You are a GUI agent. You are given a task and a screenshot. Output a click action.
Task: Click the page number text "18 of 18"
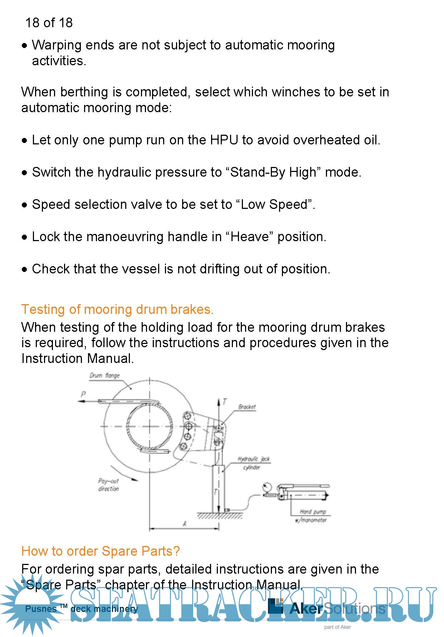click(x=49, y=23)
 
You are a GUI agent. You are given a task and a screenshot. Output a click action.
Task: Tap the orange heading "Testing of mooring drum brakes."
click(x=117, y=309)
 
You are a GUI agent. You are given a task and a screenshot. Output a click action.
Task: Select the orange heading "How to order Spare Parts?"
click(x=101, y=551)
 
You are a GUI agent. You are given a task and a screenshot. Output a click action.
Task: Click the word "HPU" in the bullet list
click(x=224, y=140)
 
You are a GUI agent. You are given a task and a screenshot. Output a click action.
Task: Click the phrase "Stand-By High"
click(x=274, y=172)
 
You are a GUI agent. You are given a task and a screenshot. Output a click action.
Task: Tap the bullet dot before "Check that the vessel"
click(x=24, y=269)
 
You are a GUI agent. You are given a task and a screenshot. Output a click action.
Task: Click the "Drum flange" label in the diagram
click(x=104, y=375)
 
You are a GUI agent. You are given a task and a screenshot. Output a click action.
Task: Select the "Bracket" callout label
click(x=247, y=407)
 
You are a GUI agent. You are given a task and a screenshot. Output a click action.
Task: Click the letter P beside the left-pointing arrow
click(x=83, y=394)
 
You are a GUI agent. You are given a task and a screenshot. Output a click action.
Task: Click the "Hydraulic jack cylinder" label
click(x=253, y=463)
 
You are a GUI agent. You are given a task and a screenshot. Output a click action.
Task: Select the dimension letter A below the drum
click(x=185, y=524)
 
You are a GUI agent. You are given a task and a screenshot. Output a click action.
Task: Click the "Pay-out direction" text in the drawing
click(x=108, y=485)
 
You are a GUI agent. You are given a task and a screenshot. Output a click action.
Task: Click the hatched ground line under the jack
click(x=220, y=516)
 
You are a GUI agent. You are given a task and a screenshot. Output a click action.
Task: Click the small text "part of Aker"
click(x=337, y=627)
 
